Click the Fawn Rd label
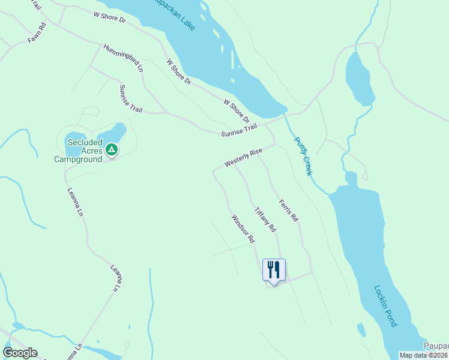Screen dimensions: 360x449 [x=37, y=34]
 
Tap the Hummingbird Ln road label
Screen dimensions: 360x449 [x=123, y=58]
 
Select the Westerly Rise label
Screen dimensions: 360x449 [x=244, y=158]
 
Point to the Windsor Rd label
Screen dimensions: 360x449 [x=243, y=229]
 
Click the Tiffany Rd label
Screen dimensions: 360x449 [x=265, y=220]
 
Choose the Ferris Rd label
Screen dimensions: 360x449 [x=288, y=211]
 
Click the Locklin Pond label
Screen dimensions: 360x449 [x=385, y=305]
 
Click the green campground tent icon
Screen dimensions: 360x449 [x=111, y=149]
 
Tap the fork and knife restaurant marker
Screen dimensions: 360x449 [x=274, y=269]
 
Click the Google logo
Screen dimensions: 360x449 [x=20, y=353]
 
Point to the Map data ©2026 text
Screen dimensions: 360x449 [x=424, y=355]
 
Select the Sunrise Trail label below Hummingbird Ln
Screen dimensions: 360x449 [x=130, y=98]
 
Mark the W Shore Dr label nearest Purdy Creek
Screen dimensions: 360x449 [x=236, y=112]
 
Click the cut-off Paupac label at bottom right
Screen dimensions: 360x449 [x=436, y=346]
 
